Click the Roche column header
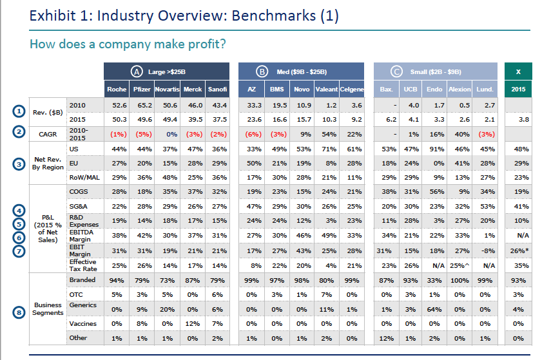pyautogui.click(x=117, y=89)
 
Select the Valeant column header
pyautogui.click(x=327, y=89)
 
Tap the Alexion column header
pyautogui.click(x=459, y=89)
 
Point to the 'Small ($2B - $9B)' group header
pyautogui.click(x=436, y=71)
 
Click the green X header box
pyautogui.click(x=519, y=71)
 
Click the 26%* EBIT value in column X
pyautogui.click(x=519, y=251)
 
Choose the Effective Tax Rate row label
pyautogui.click(x=82, y=265)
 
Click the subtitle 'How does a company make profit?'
pyautogui.click(x=128, y=44)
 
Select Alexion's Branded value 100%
pyautogui.click(x=459, y=280)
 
